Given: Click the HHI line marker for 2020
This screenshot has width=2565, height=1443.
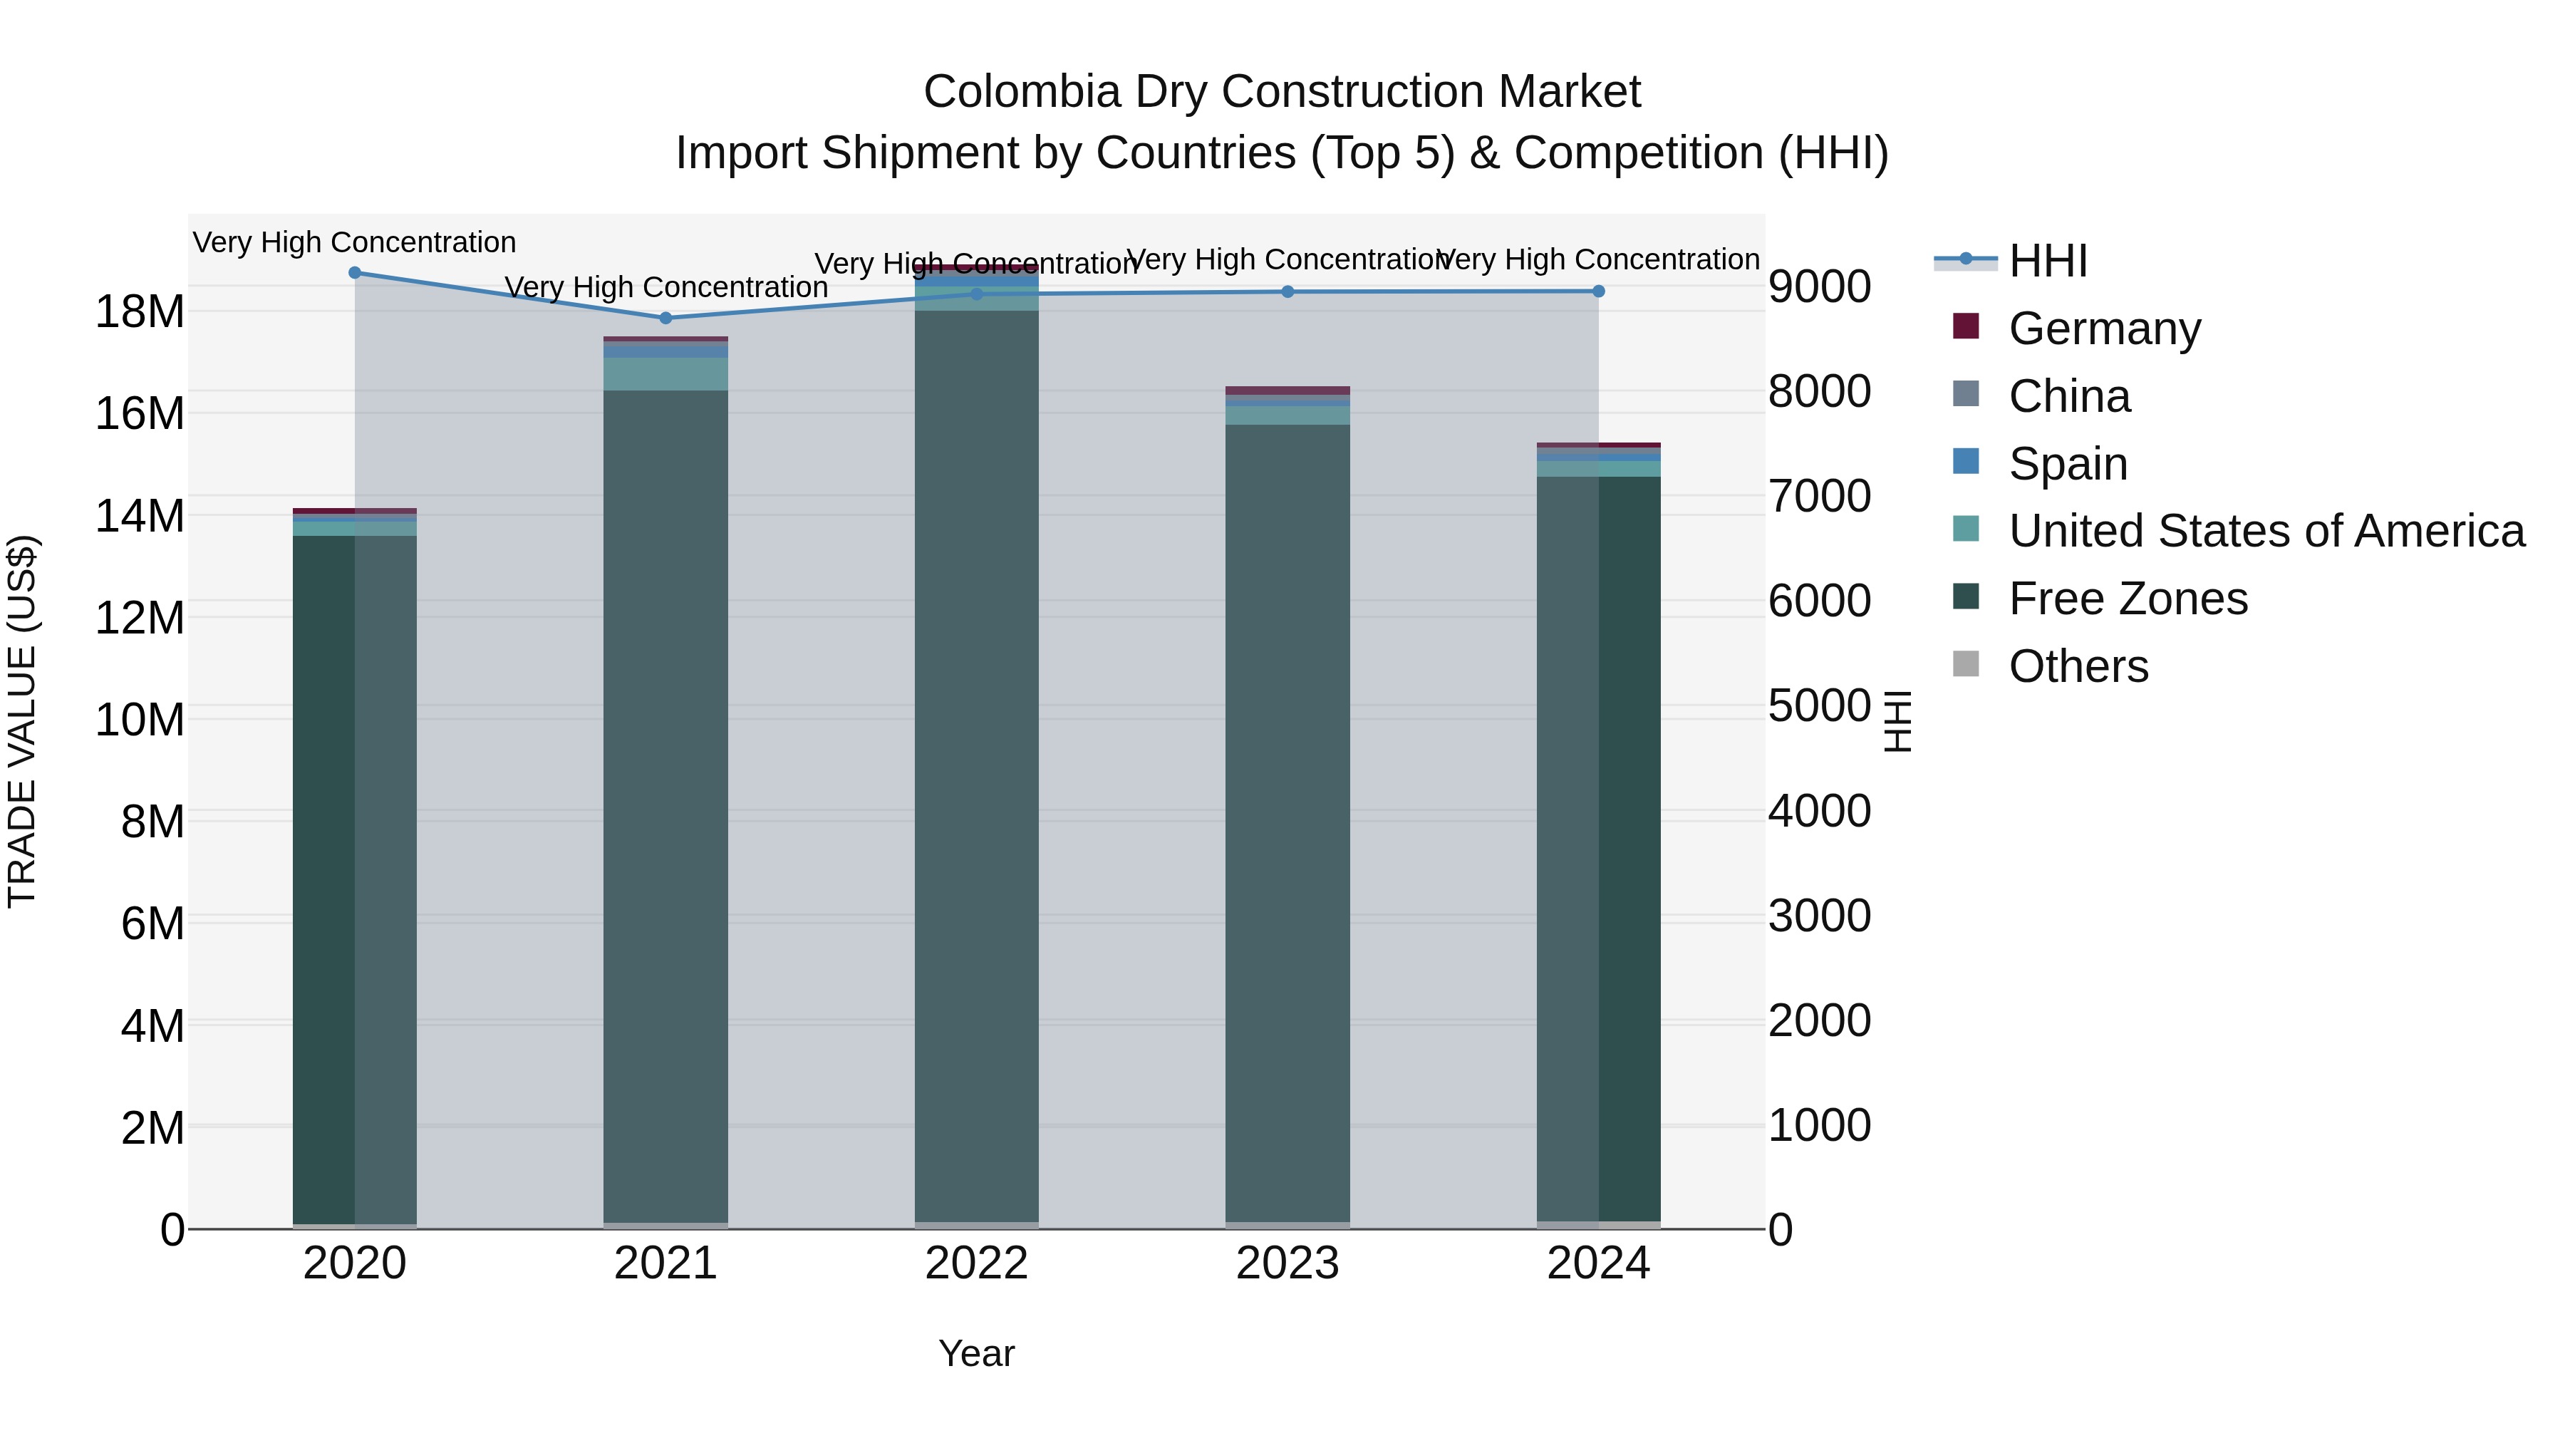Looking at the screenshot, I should [355, 273].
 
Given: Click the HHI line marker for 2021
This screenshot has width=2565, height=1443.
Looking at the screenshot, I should [666, 319].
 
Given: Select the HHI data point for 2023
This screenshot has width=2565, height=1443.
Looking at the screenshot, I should [1287, 291].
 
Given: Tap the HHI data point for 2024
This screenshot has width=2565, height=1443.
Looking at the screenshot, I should [1598, 291].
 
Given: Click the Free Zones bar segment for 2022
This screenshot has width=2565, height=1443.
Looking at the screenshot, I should [977, 767].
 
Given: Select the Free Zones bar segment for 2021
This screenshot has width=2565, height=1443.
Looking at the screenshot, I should [666, 807].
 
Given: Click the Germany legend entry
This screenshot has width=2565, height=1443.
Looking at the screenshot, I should [2104, 329].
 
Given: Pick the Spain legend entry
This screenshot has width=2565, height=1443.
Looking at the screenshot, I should [2067, 464].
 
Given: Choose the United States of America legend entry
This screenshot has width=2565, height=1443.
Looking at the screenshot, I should [2265, 531].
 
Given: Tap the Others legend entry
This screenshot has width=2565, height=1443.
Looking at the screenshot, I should [2078, 666].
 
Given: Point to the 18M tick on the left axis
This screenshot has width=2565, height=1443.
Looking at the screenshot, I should [140, 311].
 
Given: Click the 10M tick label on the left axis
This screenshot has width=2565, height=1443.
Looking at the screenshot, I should [140, 719].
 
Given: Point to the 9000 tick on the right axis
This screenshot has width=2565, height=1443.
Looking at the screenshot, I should [1819, 286].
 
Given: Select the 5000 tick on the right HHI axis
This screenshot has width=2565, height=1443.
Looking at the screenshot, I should [1819, 706].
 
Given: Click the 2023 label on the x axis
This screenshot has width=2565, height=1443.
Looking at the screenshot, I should [1287, 1263].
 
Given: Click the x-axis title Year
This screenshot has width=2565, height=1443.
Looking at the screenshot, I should [976, 1353].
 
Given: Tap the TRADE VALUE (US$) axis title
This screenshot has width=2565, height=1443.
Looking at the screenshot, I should [22, 721].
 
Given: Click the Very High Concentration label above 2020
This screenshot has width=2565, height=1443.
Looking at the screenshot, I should [355, 243].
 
